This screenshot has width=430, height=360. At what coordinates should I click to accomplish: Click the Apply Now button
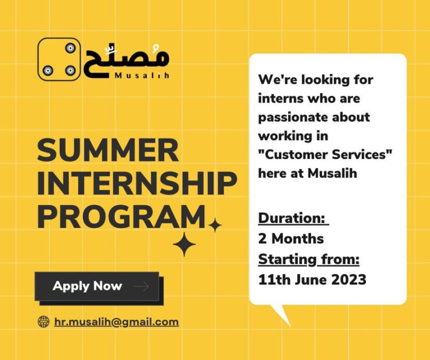pyautogui.click(x=97, y=286)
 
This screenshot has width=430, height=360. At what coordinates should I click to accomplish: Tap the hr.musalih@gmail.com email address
pyautogui.click(x=116, y=322)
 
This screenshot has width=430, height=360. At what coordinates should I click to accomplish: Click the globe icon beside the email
pyautogui.click(x=43, y=322)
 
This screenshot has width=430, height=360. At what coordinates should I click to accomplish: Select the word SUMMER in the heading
pyautogui.click(x=108, y=150)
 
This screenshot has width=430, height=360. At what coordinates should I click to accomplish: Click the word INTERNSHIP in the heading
pyautogui.click(x=137, y=183)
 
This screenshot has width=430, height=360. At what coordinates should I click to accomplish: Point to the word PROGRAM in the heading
pyautogui.click(x=121, y=217)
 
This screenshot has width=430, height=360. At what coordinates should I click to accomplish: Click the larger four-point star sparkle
pyautogui.click(x=184, y=244)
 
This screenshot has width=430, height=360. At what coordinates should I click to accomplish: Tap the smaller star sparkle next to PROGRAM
pyautogui.click(x=215, y=225)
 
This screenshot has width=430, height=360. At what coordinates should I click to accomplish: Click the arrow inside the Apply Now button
pyautogui.click(x=141, y=286)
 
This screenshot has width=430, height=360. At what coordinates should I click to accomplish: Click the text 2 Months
pyautogui.click(x=291, y=238)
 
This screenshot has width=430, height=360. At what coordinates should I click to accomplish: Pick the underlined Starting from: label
pyautogui.click(x=309, y=259)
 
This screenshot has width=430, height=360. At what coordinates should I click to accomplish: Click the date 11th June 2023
pyautogui.click(x=312, y=280)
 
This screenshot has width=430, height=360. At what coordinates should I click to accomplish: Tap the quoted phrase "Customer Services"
pyautogui.click(x=325, y=154)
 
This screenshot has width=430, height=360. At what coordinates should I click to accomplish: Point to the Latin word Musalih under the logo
pyautogui.click(x=142, y=75)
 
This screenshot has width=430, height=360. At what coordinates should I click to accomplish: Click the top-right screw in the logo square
pyautogui.click(x=70, y=48)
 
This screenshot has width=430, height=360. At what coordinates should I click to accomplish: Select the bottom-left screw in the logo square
pyautogui.click(x=47, y=70)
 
